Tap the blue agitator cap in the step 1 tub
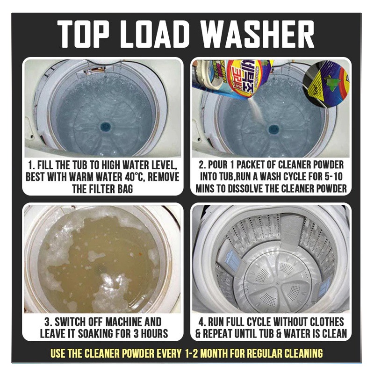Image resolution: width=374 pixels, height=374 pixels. [106, 127]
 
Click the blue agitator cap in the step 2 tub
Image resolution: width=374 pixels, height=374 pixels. [273, 129]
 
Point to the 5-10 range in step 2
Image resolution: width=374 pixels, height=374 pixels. [333, 177]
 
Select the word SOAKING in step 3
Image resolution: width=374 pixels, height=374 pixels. [97, 334]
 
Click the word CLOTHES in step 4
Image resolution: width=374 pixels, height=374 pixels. [327, 322]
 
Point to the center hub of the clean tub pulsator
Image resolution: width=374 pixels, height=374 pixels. [277, 283]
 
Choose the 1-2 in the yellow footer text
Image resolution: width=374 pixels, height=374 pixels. [193, 353]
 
